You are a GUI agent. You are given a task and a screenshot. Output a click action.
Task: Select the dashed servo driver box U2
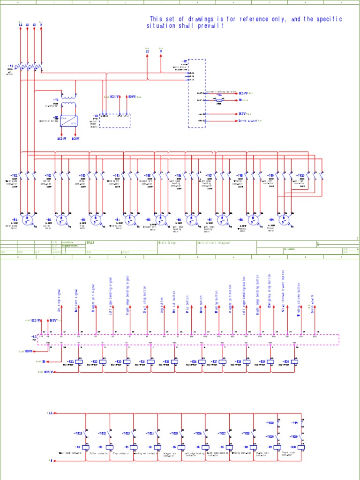(x=196, y=93)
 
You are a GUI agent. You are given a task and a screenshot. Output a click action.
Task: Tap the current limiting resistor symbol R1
(x=218, y=100)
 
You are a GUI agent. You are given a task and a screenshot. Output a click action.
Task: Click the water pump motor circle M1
(x=28, y=219)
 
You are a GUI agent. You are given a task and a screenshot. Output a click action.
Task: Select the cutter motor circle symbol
(x=62, y=219)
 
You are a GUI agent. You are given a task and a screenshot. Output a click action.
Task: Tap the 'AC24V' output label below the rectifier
(x=62, y=139)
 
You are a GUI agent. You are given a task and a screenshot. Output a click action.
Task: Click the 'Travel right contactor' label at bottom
(x=289, y=453)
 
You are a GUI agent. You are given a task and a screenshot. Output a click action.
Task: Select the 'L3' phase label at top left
(x=34, y=25)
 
